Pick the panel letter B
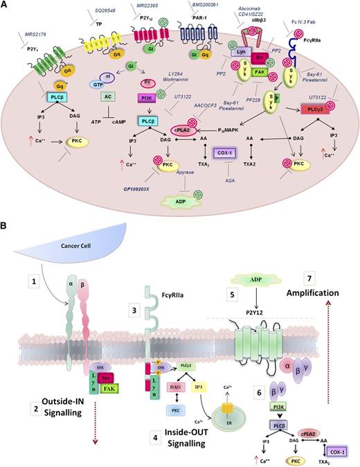coord(6,227)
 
